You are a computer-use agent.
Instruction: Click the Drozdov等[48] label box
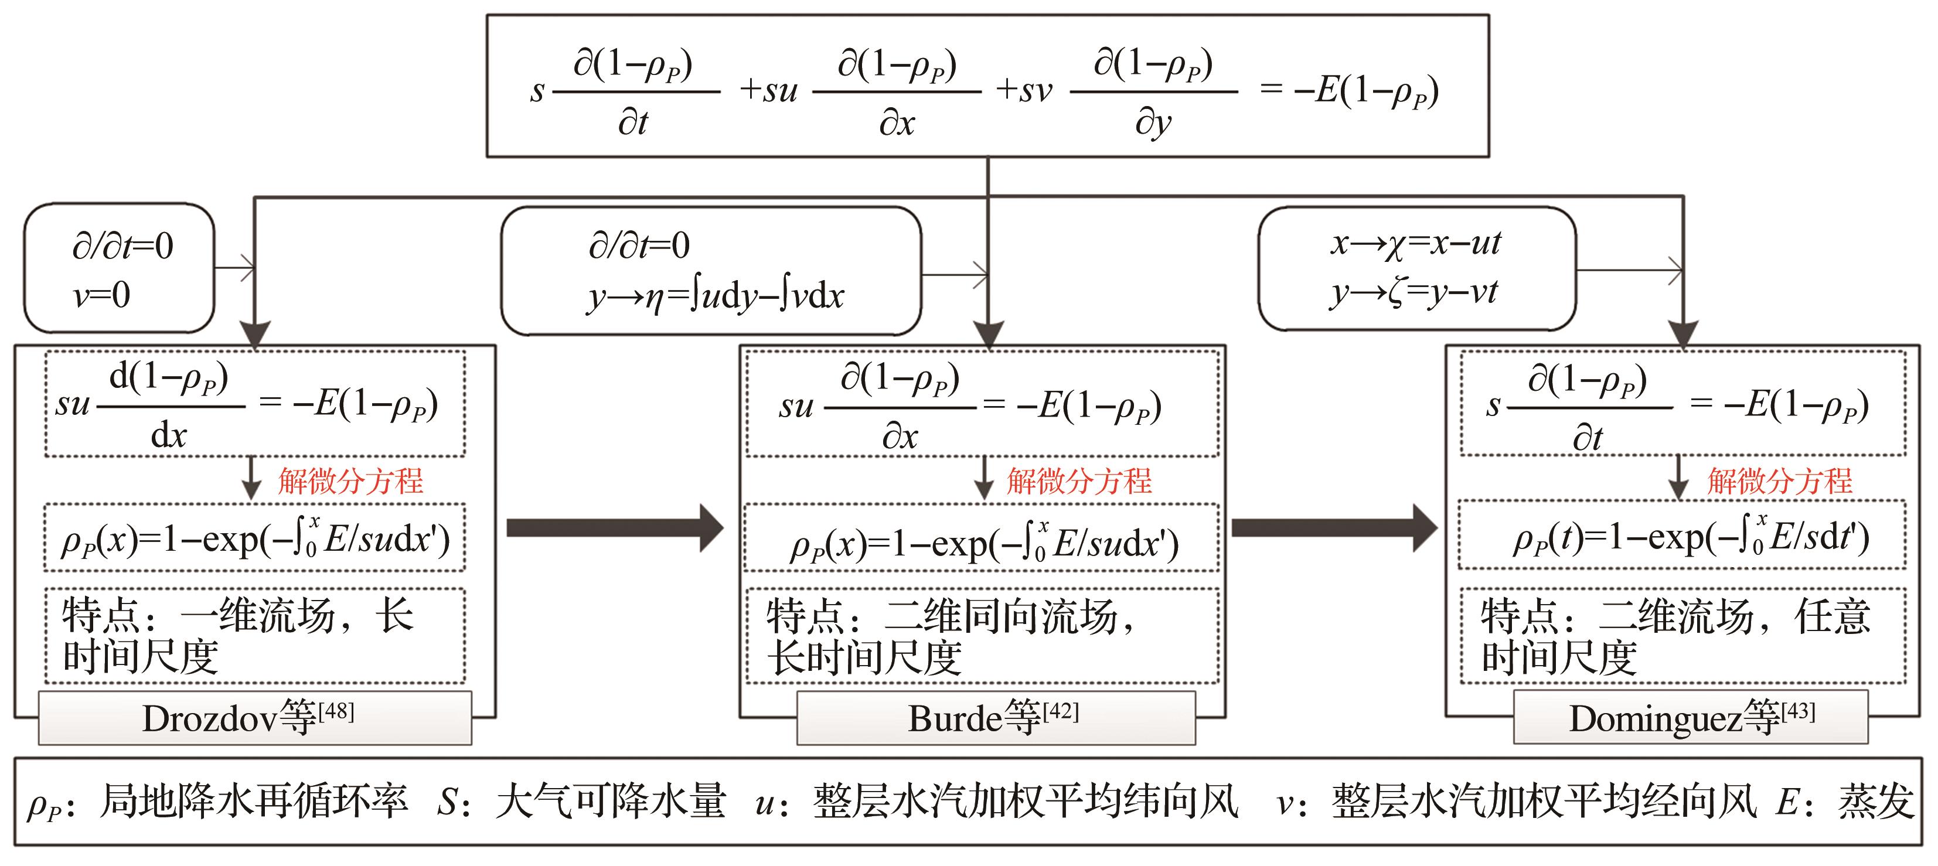point(255,718)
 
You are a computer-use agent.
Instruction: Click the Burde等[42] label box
point(996,718)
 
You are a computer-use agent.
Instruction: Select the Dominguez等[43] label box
point(1691,717)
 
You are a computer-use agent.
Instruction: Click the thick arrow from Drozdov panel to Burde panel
point(615,528)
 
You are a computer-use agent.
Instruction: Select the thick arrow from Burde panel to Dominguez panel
point(1334,528)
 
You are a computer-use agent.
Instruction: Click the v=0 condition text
point(101,294)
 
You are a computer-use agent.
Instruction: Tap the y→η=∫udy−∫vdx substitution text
point(716,295)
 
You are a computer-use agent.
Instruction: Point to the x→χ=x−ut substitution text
point(1416,243)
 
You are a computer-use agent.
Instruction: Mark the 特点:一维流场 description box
point(254,636)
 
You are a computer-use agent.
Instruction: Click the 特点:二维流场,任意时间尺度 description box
point(1683,636)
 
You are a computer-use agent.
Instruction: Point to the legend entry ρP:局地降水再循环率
point(217,802)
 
